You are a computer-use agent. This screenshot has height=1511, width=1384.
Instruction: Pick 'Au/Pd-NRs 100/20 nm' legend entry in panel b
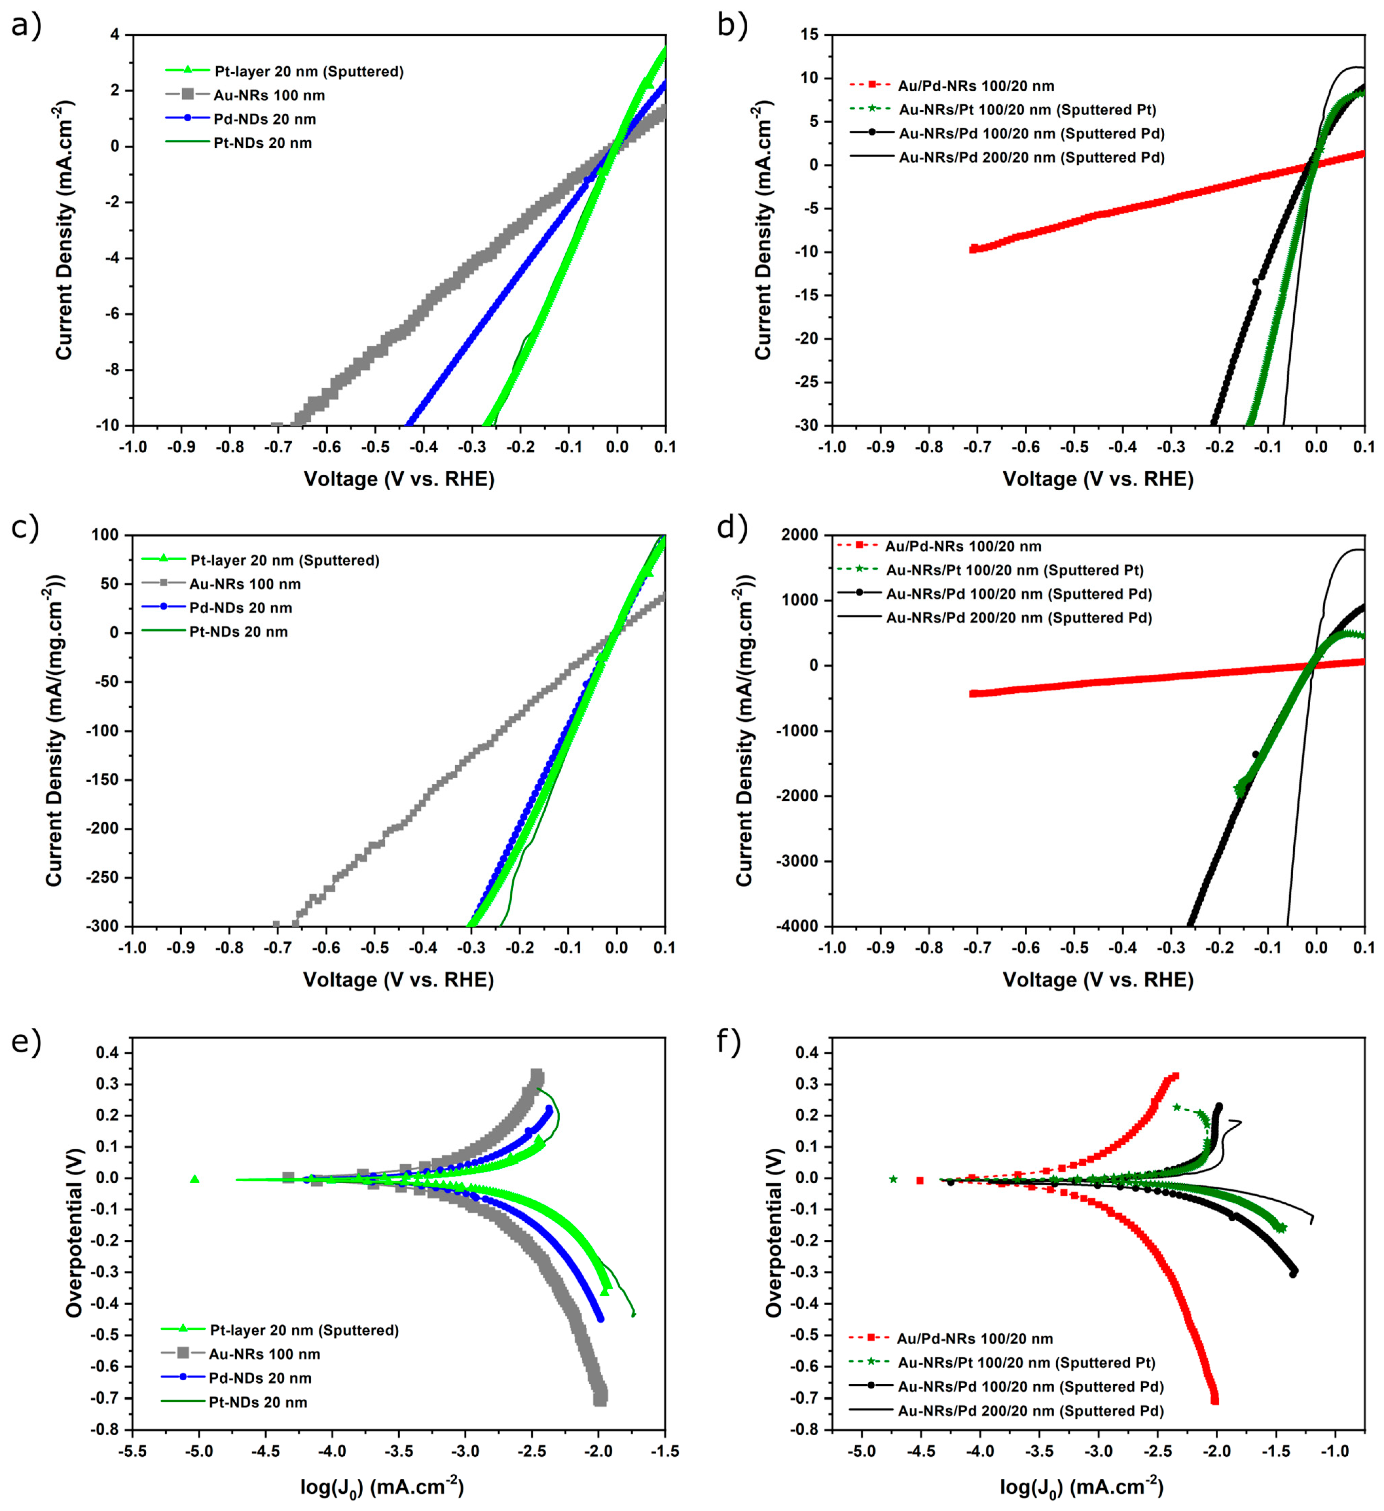pos(976,86)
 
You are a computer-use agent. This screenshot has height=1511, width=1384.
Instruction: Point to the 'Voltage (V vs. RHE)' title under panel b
pos(1098,479)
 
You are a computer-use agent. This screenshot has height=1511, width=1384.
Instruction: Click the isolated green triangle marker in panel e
pos(195,1179)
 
